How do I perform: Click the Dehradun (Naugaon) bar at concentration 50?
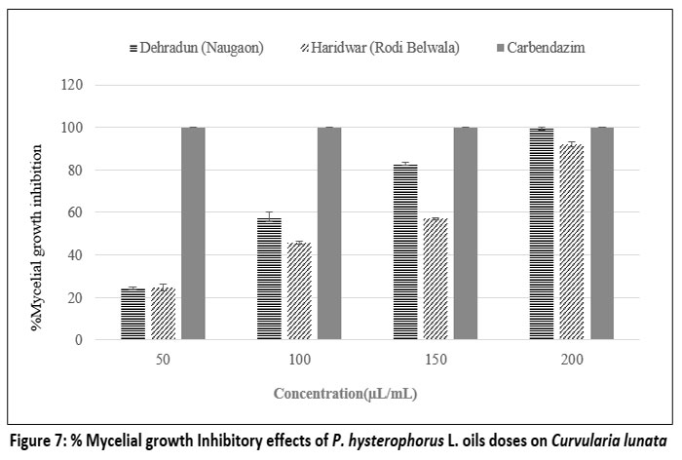pyautogui.click(x=133, y=314)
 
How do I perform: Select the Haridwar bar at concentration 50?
pyautogui.click(x=164, y=314)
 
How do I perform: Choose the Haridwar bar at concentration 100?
pyautogui.click(x=299, y=291)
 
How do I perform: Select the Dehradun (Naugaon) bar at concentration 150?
pyautogui.click(x=405, y=252)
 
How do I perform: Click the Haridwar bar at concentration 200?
pyautogui.click(x=572, y=243)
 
